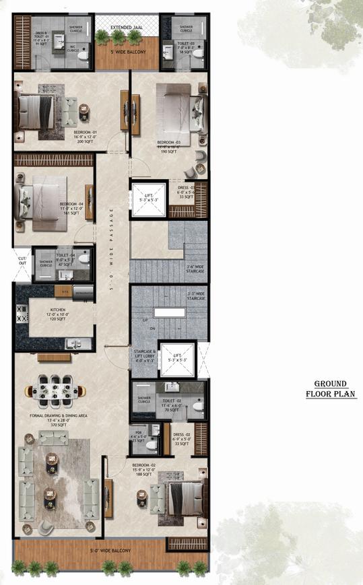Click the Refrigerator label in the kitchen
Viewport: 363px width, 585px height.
click(x=83, y=291)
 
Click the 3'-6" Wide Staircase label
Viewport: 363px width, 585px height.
click(x=195, y=269)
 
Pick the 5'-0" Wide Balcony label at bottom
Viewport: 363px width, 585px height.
click(x=111, y=551)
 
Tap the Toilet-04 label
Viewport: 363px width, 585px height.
click(x=65, y=259)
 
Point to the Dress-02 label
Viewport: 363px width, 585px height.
click(x=183, y=440)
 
